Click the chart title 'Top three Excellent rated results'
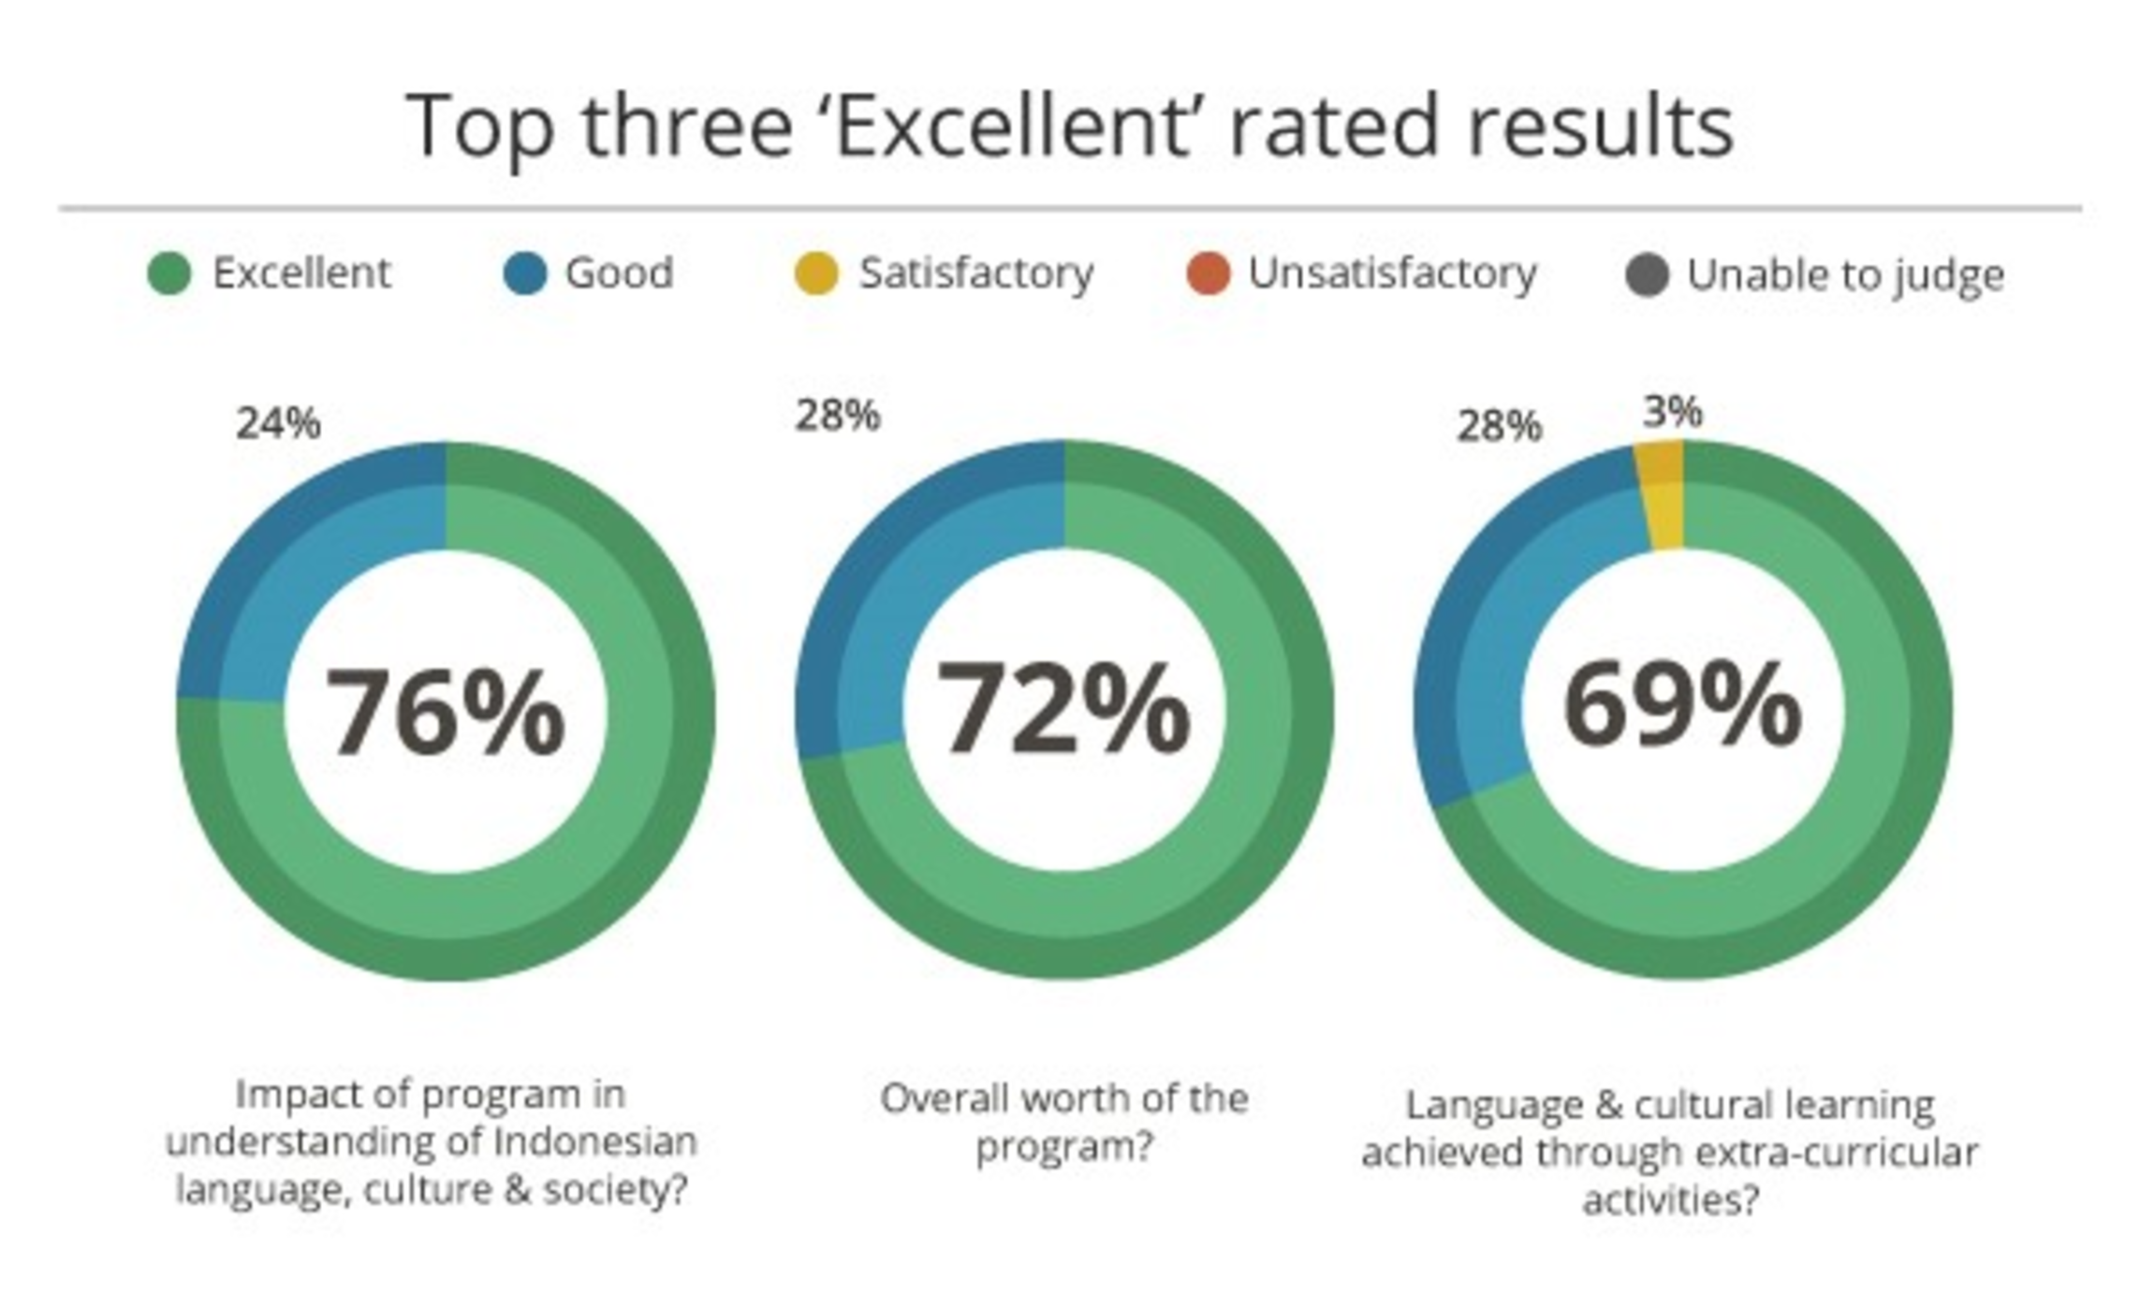(1069, 126)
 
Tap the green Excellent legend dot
(169, 274)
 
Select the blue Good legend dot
(524, 274)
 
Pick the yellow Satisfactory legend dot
(815, 274)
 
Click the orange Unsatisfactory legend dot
(1208, 274)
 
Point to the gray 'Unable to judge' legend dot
(1647, 275)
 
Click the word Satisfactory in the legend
(976, 273)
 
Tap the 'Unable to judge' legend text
(1845, 275)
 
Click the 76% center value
(445, 712)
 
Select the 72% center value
(1063, 708)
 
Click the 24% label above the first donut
(278, 424)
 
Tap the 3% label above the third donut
(1672, 411)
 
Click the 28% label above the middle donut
(837, 416)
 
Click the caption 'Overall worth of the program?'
(1063, 1122)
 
